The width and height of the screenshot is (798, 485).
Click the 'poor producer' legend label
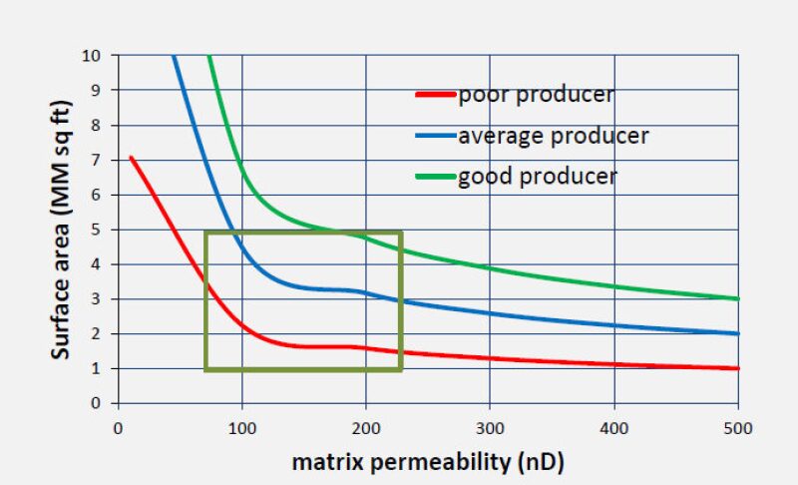[x=536, y=96]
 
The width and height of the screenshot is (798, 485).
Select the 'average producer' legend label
[x=553, y=136]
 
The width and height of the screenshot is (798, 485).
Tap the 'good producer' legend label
[x=537, y=177]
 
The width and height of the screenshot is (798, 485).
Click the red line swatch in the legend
[x=435, y=96]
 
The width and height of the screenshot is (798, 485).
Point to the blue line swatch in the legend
[x=435, y=136]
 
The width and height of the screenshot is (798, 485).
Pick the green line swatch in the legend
[x=435, y=177]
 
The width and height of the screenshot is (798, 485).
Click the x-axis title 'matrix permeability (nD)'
[x=428, y=462]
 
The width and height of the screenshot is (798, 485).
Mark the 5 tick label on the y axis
[x=97, y=230]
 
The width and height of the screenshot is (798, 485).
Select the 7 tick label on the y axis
[x=97, y=160]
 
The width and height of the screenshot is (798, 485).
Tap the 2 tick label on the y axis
[x=97, y=333]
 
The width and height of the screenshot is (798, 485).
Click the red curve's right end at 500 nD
[x=738, y=368]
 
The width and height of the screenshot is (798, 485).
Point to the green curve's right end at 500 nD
[x=738, y=298]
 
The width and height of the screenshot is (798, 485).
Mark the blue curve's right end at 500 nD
[x=738, y=333]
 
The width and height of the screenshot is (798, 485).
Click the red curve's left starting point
[x=131, y=157]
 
